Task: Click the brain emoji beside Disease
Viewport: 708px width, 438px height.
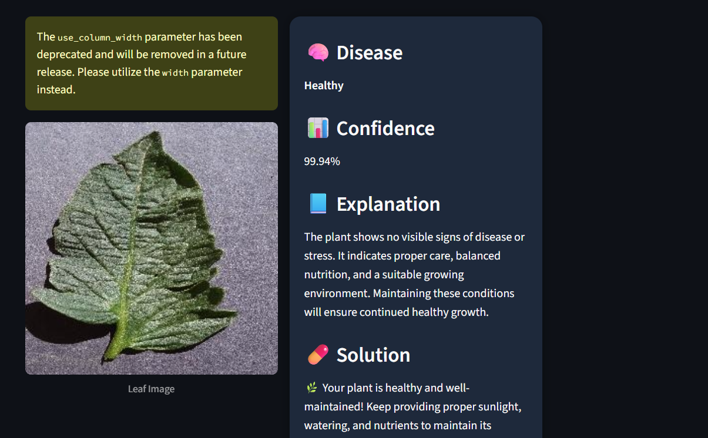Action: [x=318, y=52]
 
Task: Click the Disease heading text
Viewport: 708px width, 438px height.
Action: [x=370, y=52]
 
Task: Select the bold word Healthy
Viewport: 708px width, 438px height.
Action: [x=324, y=86]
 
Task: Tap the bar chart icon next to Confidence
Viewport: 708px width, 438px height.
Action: [x=318, y=128]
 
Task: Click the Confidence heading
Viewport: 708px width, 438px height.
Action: [x=385, y=129]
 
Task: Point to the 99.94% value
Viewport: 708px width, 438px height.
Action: [x=322, y=161]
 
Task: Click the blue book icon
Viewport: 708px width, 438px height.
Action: [x=318, y=204]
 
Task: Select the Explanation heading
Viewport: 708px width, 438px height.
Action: [x=388, y=204]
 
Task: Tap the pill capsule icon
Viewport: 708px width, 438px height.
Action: [x=318, y=355]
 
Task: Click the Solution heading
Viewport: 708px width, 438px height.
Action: [x=373, y=355]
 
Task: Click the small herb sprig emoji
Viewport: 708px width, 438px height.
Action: [x=311, y=388]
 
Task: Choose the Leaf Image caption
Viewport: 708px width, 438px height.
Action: [x=151, y=389]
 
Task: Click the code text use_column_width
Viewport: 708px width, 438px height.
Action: [x=100, y=38]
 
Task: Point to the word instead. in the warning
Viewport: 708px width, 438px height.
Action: [x=56, y=90]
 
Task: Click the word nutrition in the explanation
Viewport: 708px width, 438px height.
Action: [x=327, y=275]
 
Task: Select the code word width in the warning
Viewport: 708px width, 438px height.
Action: [x=175, y=73]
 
